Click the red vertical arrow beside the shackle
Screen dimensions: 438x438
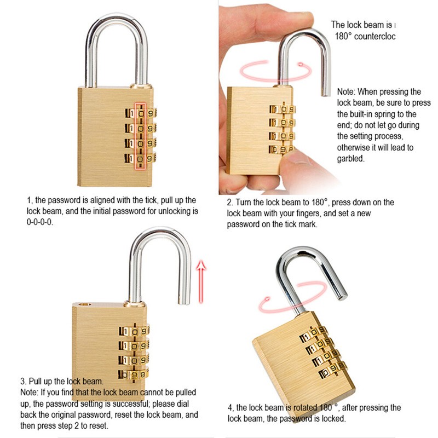pyautogui.click(x=201, y=285)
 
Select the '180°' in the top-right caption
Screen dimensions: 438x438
pyautogui.click(x=345, y=36)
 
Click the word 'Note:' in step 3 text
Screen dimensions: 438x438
pyautogui.click(x=30, y=392)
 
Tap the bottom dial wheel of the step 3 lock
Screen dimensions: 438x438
pyautogui.click(x=134, y=374)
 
